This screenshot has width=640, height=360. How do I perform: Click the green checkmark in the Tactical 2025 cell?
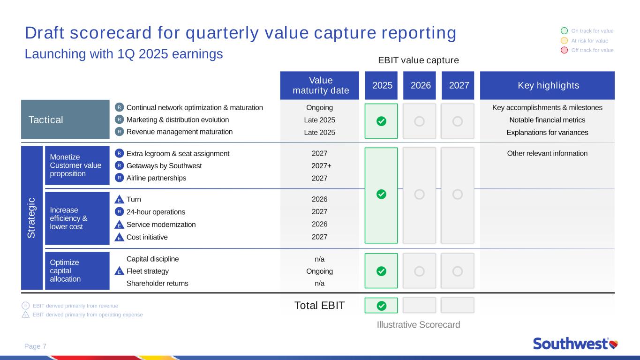point(381,121)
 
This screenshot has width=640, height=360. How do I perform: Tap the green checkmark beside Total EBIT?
point(381,306)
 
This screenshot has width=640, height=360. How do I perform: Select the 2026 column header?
point(420,85)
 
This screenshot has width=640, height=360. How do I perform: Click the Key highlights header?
point(547,85)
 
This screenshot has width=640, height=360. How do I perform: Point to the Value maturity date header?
point(319,85)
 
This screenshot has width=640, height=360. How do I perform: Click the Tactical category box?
point(65,120)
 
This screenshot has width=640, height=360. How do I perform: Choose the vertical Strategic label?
point(31,217)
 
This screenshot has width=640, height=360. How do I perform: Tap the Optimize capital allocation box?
point(77,270)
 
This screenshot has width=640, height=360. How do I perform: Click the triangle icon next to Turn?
point(119,199)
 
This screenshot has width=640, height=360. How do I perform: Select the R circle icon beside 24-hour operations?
point(119,212)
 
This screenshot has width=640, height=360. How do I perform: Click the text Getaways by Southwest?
point(164,166)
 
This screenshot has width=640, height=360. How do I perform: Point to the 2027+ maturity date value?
point(321,166)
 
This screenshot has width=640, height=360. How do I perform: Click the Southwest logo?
point(575,344)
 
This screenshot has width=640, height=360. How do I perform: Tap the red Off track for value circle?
point(565,50)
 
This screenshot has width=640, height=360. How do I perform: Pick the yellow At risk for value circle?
point(565,41)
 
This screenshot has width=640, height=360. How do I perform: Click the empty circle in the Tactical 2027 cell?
point(458,121)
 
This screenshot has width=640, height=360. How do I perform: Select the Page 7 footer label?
point(35,346)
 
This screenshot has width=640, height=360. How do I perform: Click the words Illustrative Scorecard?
point(418,324)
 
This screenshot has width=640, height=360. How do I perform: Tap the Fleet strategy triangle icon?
point(119,271)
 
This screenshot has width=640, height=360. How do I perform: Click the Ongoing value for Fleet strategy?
point(319,271)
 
